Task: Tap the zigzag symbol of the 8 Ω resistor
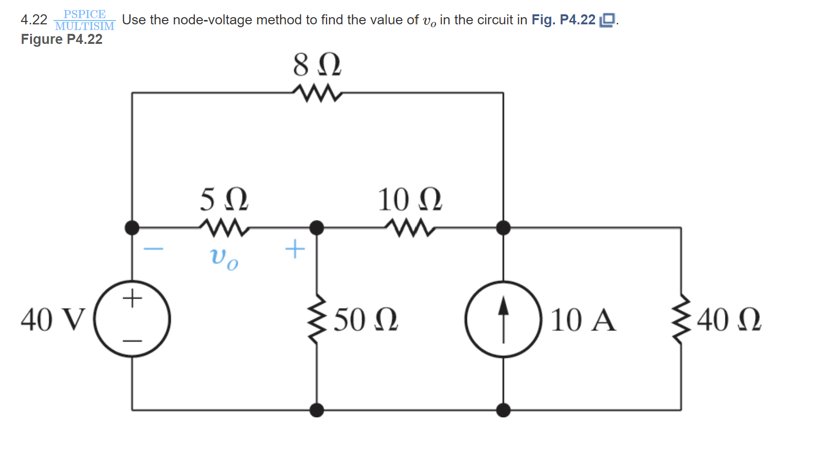point(317,93)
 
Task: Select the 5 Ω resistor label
point(223,199)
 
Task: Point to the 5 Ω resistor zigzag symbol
point(224,228)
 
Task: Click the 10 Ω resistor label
point(409,199)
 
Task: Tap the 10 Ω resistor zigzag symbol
point(410,228)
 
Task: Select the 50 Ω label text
point(365,320)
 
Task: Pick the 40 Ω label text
point(729,320)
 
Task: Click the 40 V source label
point(53,320)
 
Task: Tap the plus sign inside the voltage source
point(132,299)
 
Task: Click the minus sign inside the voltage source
point(132,341)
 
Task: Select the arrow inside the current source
point(503,319)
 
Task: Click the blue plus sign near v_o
point(295,249)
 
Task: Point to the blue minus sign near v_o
point(154,249)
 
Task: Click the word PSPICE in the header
point(85,14)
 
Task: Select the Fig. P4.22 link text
point(563,20)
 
